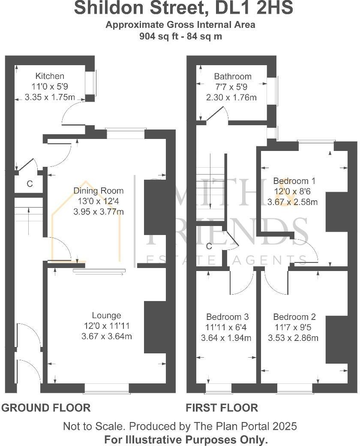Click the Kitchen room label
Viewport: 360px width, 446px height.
(50, 76)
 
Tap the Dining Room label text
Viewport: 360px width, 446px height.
(98, 191)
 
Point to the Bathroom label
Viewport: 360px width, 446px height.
(233, 77)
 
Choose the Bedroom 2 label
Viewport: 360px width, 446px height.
(294, 317)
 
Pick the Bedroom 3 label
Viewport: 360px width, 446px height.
(227, 317)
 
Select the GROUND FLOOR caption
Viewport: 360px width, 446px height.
(46, 407)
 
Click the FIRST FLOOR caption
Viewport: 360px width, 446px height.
(222, 407)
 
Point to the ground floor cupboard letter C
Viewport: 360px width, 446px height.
(30, 184)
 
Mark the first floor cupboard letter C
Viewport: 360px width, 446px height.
(209, 247)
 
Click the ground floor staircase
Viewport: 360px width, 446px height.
(29, 214)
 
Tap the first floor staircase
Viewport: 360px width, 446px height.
(210, 184)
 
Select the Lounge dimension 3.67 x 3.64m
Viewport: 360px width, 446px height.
(106, 337)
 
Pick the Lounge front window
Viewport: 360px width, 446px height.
(106, 388)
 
